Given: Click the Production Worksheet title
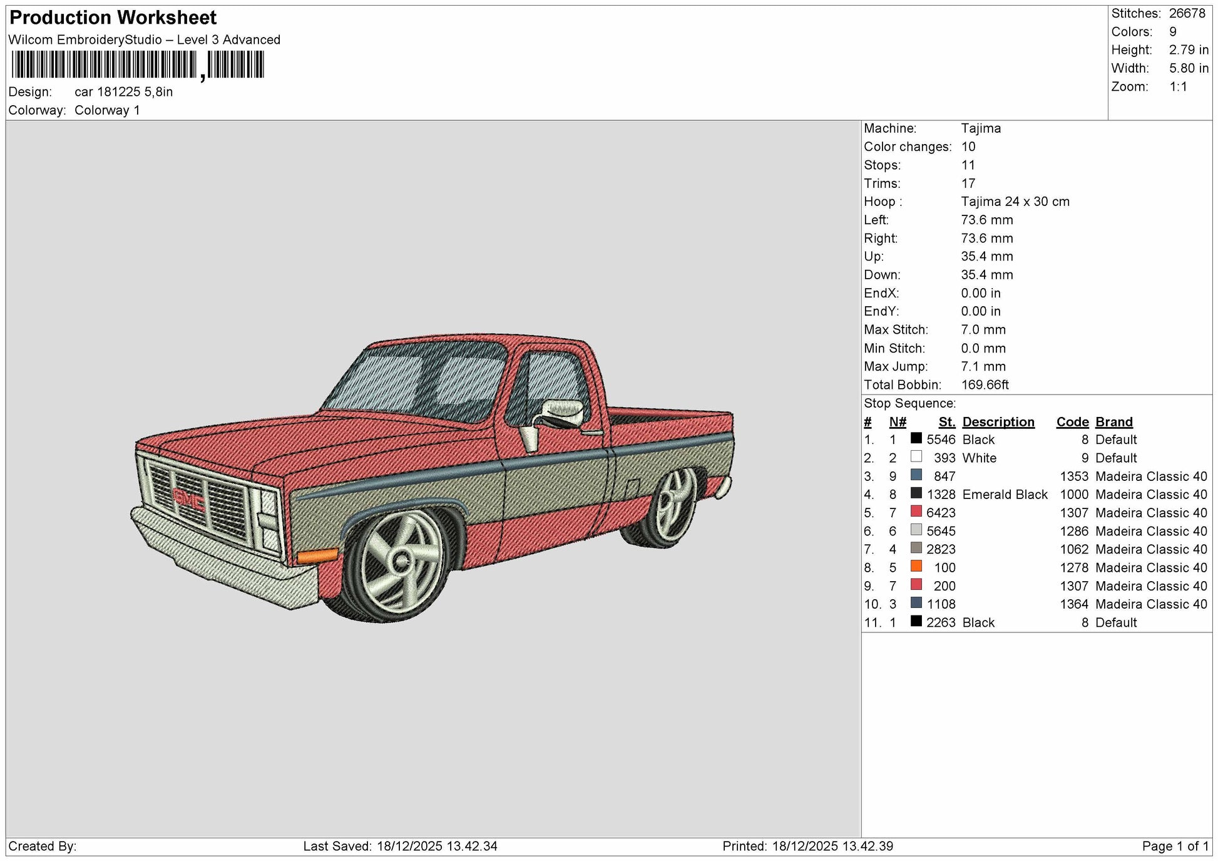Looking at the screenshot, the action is pos(113,18).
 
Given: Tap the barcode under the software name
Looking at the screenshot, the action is pos(138,65).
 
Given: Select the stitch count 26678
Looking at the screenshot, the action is pos(1187,13).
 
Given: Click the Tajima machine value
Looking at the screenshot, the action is pos(981,128).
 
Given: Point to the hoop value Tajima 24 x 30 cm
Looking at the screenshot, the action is pos(1015,202).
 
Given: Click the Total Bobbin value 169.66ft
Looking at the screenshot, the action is pos(985,384).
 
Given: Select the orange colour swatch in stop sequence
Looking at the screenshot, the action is pos(916,566).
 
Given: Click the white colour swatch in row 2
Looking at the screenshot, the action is pos(916,456).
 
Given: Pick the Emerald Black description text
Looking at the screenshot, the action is pos(1005,495).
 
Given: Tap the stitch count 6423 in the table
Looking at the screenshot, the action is pos(941,513).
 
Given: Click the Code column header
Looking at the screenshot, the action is pos(1072,422).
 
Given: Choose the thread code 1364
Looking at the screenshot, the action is pos(1074,604).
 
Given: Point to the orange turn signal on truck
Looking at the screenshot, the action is pos(317,555).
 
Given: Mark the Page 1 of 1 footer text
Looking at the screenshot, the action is pos(1175,846).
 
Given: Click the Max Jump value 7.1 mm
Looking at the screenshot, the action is pos(983,366).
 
